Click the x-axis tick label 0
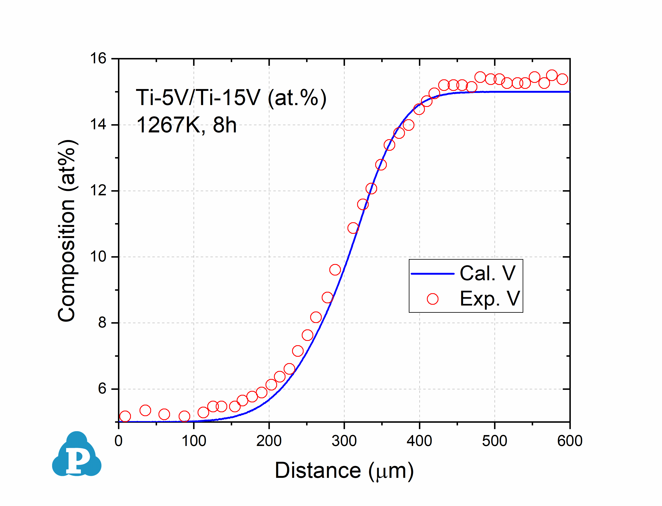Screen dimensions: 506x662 (119, 441)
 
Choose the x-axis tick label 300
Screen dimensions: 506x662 (344, 441)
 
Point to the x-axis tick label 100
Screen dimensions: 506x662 (194, 441)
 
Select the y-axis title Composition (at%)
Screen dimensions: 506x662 (67, 231)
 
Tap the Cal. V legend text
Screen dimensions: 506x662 (487, 273)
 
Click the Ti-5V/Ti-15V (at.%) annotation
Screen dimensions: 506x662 (231, 98)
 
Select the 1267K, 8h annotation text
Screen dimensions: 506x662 (186, 125)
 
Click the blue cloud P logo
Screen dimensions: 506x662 (77, 455)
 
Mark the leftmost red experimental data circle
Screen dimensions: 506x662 (125, 416)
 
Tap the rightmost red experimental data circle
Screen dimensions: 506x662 (562, 79)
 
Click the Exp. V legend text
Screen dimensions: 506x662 (490, 299)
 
